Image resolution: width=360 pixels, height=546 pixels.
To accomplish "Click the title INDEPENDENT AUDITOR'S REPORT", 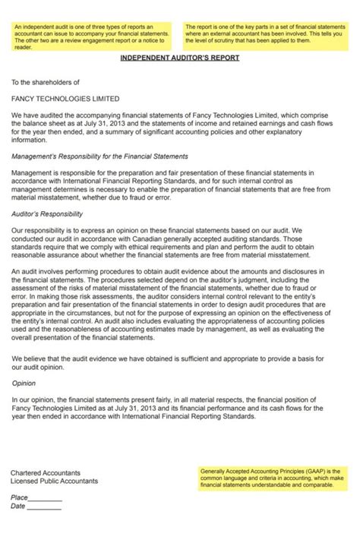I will point(179,58).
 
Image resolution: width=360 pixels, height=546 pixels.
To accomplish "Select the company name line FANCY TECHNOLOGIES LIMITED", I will point(65,99).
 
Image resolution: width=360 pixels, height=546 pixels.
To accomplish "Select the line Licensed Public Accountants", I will point(54,481).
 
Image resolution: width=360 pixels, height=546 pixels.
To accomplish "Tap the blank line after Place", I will point(46,498).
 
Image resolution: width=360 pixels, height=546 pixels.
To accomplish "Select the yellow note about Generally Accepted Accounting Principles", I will point(269,477).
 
